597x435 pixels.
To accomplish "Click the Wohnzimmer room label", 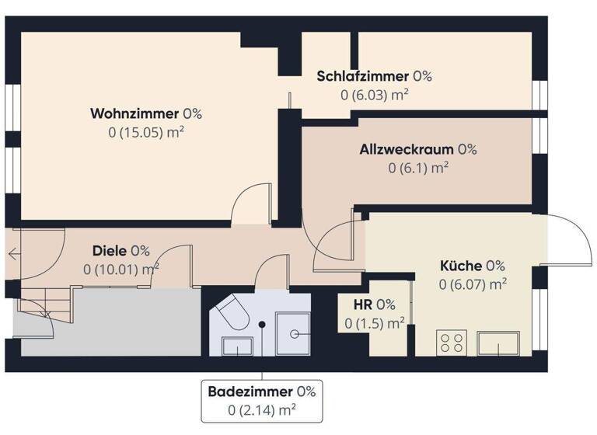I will (145, 113).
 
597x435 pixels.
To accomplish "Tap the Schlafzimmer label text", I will (374, 76).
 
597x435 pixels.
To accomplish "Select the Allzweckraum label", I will (418, 149).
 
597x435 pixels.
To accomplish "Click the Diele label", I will (120, 251).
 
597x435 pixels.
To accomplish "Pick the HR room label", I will (375, 304).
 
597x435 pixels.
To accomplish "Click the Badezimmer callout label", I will (261, 391).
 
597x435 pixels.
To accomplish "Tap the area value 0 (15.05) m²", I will (146, 132).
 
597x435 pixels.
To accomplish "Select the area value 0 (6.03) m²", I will (375, 95).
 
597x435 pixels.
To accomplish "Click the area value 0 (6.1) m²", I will (418, 167).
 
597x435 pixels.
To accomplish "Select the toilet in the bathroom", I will (231, 315).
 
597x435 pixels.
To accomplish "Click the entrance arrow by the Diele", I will (15, 252).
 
